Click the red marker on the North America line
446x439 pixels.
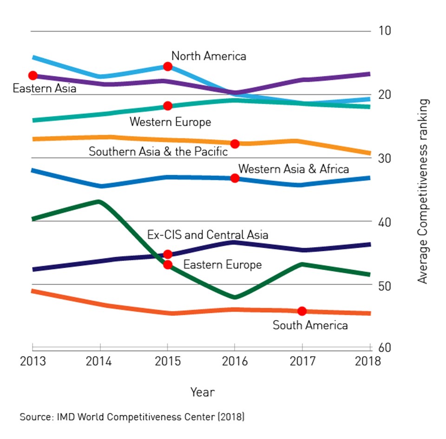[168, 66]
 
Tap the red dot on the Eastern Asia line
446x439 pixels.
[33, 75]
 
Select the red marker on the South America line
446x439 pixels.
[302, 311]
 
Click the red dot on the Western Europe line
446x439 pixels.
[168, 106]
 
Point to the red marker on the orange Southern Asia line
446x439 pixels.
[235, 144]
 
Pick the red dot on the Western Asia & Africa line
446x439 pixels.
[235, 178]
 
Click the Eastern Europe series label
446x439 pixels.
[223, 265]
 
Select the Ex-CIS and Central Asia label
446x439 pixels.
[208, 235]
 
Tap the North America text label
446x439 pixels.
[209, 56]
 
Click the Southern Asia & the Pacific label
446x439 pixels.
[158, 151]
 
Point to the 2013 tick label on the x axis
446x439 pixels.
[33, 361]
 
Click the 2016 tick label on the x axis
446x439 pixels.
[235, 361]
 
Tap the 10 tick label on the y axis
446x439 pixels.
[385, 31]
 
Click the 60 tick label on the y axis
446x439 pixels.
[385, 347]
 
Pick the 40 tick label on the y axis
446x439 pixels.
[385, 221]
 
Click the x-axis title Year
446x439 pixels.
[203, 392]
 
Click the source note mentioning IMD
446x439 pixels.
[132, 417]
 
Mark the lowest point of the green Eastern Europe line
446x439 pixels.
[235, 297]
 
